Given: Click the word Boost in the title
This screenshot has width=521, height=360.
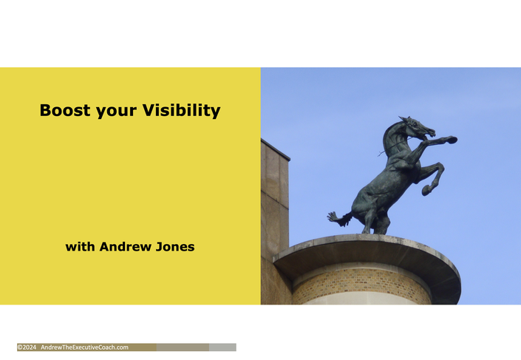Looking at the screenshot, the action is click(x=65, y=110).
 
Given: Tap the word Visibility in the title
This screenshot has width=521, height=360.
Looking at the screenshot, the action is click(x=181, y=110).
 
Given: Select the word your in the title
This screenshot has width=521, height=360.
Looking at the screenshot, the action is click(x=116, y=112).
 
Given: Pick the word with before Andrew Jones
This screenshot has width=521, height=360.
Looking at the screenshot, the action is click(x=80, y=247).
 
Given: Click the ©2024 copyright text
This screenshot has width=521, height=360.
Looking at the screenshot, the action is click(x=27, y=347).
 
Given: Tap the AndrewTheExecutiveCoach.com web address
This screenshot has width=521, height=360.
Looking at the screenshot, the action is click(x=84, y=347).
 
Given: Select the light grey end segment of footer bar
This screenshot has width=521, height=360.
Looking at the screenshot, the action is click(x=222, y=347).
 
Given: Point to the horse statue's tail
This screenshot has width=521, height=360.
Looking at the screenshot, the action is click(x=340, y=219).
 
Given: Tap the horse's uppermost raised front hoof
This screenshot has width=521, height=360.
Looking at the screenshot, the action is click(x=452, y=140).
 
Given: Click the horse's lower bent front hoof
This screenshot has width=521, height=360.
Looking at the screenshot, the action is click(x=426, y=190).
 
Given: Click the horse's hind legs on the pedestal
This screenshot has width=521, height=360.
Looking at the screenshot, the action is click(x=375, y=221).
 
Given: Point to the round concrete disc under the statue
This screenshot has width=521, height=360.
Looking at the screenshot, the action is click(x=367, y=253).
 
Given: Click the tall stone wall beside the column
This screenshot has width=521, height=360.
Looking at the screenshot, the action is click(x=274, y=220).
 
